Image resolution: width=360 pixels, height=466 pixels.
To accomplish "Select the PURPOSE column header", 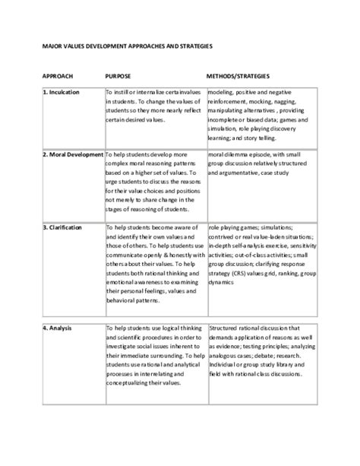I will coord(118,78).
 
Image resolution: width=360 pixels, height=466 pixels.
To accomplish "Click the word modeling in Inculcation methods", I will coord(220,92).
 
